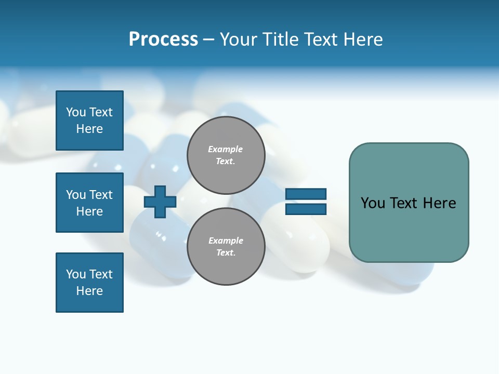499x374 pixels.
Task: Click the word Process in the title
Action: [x=163, y=39]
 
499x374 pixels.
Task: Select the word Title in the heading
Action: [x=282, y=39]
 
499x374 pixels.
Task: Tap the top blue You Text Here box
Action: [x=89, y=121]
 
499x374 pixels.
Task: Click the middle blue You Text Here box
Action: [x=89, y=203]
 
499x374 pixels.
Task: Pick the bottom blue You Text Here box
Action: [x=89, y=283]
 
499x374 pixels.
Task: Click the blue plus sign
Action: [x=160, y=202]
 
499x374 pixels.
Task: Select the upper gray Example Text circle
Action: [x=226, y=155]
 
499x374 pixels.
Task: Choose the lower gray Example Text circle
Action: [x=226, y=247]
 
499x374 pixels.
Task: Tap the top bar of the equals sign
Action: [x=306, y=194]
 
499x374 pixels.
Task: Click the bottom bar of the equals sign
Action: [x=306, y=209]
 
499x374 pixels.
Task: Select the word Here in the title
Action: [x=362, y=39]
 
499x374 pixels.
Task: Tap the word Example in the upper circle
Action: [x=226, y=149]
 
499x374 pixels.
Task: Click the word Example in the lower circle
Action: [x=226, y=241]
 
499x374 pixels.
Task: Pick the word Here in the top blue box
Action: [x=89, y=129]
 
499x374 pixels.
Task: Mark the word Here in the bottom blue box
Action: [x=89, y=291]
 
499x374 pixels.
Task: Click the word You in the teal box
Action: [x=372, y=203]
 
